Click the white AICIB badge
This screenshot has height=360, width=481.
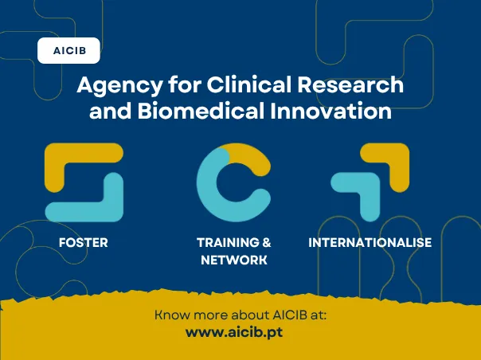click(69, 51)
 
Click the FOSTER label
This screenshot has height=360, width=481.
click(84, 242)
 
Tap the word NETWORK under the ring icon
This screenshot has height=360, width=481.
click(233, 260)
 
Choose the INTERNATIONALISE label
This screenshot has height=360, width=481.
click(370, 242)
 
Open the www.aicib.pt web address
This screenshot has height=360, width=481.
click(233, 331)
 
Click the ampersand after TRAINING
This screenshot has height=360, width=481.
click(267, 242)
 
